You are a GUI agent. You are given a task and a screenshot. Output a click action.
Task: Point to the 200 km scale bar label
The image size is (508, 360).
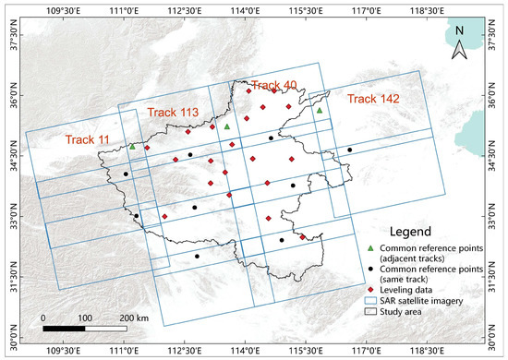136,318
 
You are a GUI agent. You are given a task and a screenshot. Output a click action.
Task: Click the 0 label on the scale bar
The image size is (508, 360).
44,318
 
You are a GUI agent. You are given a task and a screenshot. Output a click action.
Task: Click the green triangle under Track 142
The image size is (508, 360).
320,111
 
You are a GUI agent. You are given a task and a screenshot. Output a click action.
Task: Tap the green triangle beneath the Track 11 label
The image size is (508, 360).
132,146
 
